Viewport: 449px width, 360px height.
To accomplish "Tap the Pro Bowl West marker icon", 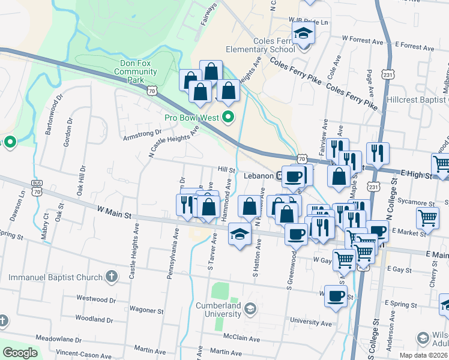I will [228, 117].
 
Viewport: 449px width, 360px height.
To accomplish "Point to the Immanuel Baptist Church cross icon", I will [110, 277].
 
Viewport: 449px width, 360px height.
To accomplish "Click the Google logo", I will [20, 353].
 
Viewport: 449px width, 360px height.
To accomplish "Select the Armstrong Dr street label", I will [142, 134].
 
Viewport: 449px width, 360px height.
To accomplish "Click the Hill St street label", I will [226, 170].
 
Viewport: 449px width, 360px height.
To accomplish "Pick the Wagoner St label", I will [146, 310].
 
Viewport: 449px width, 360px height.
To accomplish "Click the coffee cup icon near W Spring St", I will [336, 295].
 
